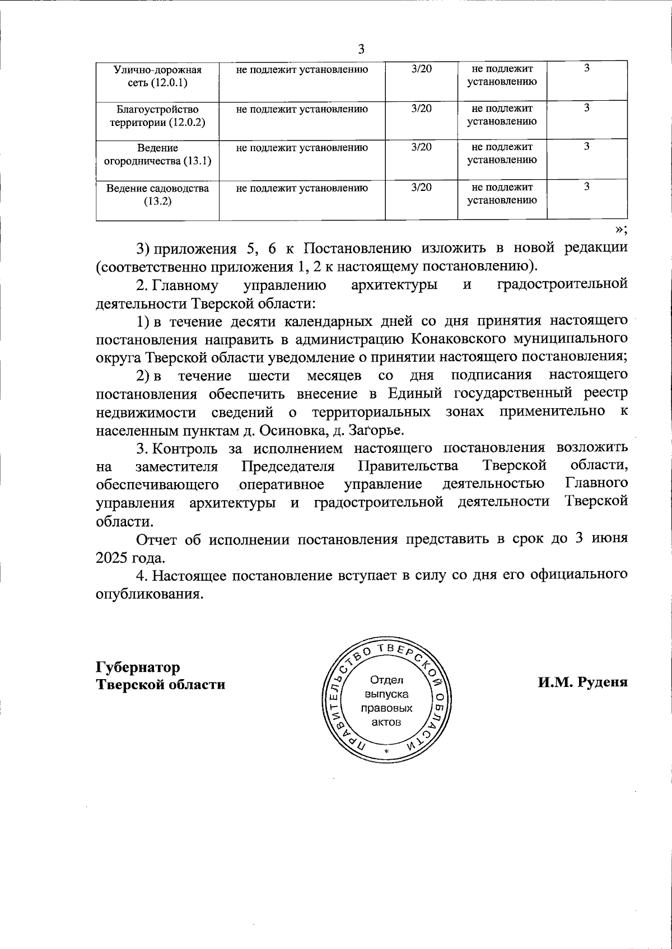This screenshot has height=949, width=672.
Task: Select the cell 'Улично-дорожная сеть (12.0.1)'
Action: pos(157,76)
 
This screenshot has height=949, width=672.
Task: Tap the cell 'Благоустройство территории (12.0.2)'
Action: pos(157,115)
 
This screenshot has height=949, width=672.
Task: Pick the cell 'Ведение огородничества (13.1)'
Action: pos(157,154)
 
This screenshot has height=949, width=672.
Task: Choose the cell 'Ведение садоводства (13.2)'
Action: pos(157,194)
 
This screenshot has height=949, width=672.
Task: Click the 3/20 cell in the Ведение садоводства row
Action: pos(421,188)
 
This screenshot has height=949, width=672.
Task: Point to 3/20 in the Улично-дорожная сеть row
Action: pos(421,69)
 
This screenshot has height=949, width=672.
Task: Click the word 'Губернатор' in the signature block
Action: pos(138,667)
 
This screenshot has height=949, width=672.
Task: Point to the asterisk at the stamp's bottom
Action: pos(386,751)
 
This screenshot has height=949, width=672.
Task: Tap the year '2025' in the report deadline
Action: pos(113,558)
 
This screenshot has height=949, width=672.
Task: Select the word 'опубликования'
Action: pos(148,593)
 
